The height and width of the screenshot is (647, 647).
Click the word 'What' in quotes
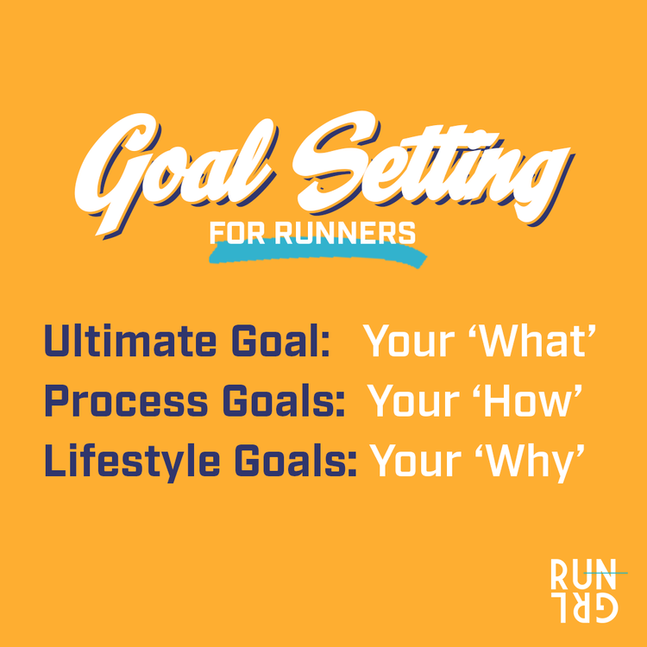pos(539,342)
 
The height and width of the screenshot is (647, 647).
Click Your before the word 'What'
pos(409,342)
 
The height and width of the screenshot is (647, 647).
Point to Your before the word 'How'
pos(412,403)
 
